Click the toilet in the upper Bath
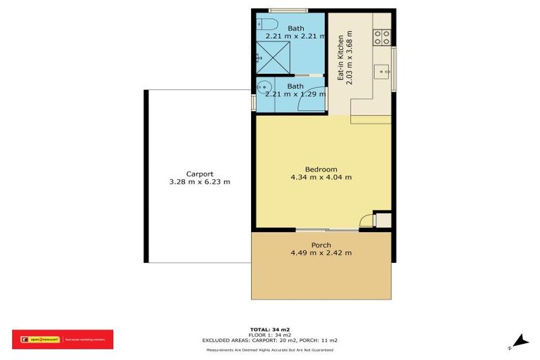[268, 26]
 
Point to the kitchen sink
[382, 70]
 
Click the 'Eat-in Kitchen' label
[340, 58]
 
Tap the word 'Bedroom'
[321, 169]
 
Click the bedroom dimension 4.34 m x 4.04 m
[321, 177]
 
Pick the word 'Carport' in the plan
[200, 174]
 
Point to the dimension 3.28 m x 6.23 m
[200, 182]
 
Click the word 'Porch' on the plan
[321, 245]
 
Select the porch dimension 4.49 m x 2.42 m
[321, 253]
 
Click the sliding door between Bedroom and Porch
[327, 229]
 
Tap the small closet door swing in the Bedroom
[366, 220]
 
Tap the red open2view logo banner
[62, 340]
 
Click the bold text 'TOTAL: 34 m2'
[270, 329]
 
